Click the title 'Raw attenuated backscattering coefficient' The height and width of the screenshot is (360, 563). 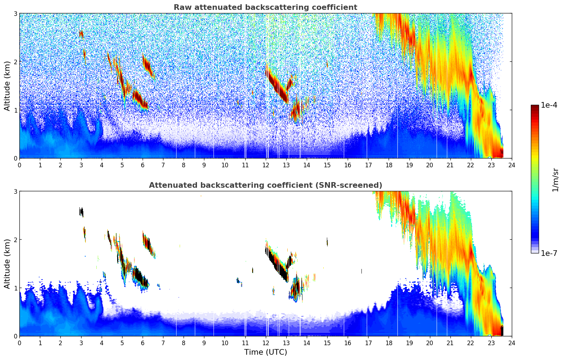(265, 7)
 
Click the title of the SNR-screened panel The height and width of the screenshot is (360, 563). (265, 185)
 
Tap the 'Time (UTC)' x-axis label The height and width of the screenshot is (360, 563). (265, 352)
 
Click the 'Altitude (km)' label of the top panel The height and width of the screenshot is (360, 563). (7, 86)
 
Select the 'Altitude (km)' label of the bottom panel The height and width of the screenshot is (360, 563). (7, 264)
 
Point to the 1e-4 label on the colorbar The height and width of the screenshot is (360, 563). (549, 105)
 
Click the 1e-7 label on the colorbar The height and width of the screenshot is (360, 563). (549, 253)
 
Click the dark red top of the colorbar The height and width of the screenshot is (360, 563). (535, 107)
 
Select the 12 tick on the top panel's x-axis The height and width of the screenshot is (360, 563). (265, 165)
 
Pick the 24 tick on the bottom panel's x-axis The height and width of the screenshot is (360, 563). (511, 343)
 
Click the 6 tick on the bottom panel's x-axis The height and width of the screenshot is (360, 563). (143, 343)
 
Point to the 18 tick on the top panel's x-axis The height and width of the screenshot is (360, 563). (389, 165)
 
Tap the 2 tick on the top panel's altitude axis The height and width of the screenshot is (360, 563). (15, 62)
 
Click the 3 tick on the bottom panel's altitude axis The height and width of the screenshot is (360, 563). (15, 191)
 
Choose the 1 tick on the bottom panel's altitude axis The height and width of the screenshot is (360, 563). (15, 288)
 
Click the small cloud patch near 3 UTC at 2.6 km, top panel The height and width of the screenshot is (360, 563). (81, 34)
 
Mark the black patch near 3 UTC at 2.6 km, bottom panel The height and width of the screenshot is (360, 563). (81, 212)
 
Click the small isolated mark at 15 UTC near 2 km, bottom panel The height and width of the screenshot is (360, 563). (327, 242)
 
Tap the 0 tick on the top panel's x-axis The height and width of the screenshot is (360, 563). (19, 165)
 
